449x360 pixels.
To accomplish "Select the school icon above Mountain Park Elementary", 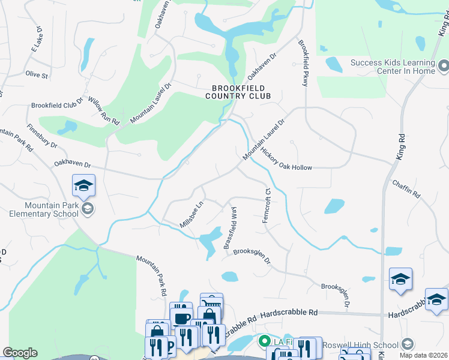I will pyautogui.click(x=84, y=186).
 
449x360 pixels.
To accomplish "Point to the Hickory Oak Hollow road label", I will pyautogui.click(x=286, y=160).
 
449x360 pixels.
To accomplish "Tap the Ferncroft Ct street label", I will pyautogui.click(x=267, y=206).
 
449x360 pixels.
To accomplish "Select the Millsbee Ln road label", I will pyautogui.click(x=192, y=214).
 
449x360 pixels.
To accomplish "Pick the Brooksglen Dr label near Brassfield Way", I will pyautogui.click(x=252, y=256).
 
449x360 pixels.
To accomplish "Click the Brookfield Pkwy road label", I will pyautogui.click(x=303, y=64).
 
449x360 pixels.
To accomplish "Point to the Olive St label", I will pyautogui.click(x=36, y=74).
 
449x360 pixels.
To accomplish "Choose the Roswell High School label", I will pyautogui.click(x=361, y=345).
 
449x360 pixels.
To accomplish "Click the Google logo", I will pyautogui.click(x=20, y=353).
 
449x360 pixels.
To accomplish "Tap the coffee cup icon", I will pyautogui.click(x=182, y=318).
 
